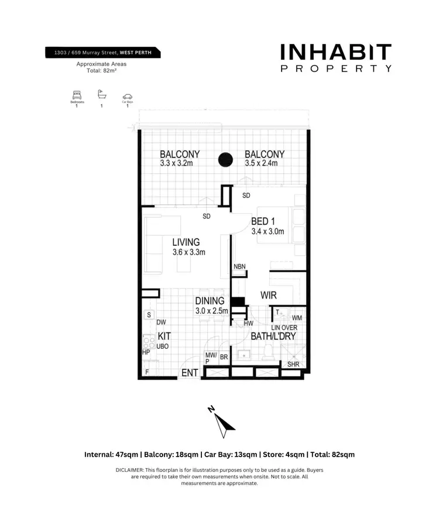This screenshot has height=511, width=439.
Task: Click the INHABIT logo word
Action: [335, 53]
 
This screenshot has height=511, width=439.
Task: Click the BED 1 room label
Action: [263, 221]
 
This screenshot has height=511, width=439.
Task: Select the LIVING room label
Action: [186, 242]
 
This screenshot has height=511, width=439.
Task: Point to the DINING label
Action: [210, 301]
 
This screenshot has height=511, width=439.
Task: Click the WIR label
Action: [269, 296]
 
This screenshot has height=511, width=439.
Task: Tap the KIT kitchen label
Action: [164, 338]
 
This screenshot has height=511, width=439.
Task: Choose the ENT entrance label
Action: [189, 373]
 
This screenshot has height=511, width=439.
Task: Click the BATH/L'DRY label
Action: [273, 337]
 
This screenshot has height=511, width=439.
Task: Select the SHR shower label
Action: [293, 364]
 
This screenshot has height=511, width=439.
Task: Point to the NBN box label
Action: [239, 267]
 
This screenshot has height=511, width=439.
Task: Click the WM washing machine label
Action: [296, 318]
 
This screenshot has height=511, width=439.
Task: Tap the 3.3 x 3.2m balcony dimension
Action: [176, 164]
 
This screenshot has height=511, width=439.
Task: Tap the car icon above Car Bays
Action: [127, 97]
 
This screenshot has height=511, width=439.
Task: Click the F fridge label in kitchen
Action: [146, 372]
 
